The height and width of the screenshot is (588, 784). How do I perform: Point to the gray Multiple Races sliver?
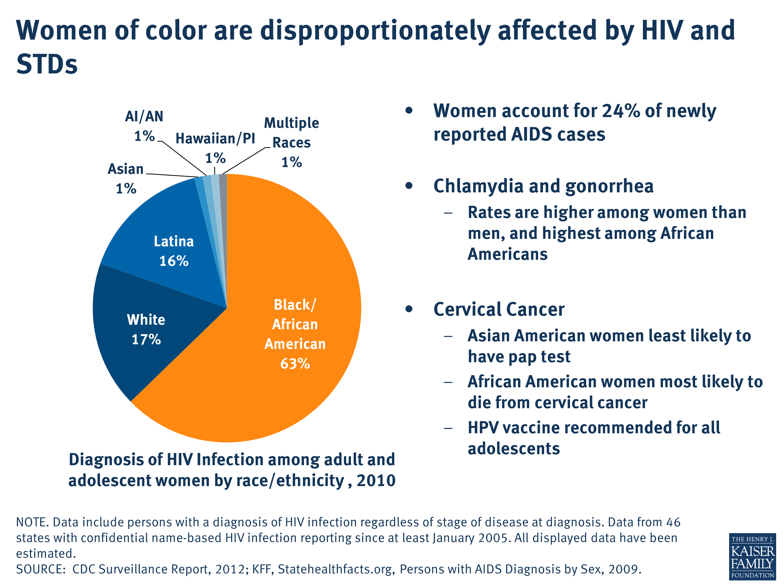pyautogui.click(x=223, y=188)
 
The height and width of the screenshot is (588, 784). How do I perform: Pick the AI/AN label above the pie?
pyautogui.click(x=144, y=117)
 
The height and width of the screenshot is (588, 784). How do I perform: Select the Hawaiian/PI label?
pyautogui.click(x=215, y=139)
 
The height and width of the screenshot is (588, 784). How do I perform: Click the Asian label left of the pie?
pyautogui.click(x=125, y=169)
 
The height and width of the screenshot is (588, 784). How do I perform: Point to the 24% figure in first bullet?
pyautogui.click(x=621, y=111)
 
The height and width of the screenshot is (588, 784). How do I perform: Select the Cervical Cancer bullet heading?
pyautogui.click(x=499, y=309)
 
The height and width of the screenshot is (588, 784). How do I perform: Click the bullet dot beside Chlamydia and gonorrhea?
pyautogui.click(x=409, y=186)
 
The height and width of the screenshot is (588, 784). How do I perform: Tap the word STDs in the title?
pyautogui.click(x=47, y=64)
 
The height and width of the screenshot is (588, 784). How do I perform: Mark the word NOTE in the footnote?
pyautogui.click(x=32, y=522)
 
